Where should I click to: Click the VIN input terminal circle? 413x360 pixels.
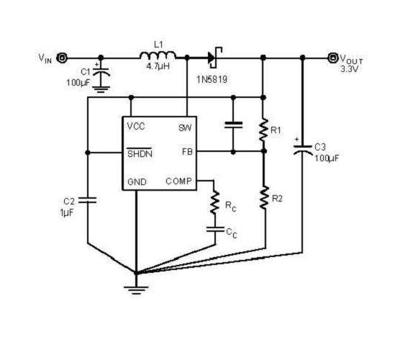(62, 58)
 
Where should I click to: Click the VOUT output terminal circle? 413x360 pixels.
(333, 58)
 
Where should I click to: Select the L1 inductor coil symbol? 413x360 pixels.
(158, 55)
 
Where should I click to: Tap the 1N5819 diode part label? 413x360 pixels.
(212, 79)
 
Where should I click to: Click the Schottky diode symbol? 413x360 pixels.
(214, 57)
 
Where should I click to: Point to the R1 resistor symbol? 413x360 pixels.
(263, 130)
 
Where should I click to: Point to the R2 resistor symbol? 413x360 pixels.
(264, 198)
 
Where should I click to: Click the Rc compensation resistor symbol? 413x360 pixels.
(215, 202)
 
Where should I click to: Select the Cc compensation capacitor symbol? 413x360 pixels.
(215, 229)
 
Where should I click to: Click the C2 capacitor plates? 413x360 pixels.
(88, 200)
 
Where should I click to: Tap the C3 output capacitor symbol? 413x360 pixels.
(302, 150)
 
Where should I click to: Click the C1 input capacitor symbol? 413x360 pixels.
(101, 72)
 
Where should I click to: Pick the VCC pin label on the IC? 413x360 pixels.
(136, 127)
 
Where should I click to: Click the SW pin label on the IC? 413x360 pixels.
(185, 128)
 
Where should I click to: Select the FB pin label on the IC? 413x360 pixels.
(187, 152)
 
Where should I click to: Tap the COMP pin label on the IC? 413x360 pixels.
(179, 181)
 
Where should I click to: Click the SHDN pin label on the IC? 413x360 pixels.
(140, 153)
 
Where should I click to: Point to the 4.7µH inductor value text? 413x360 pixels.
(158, 66)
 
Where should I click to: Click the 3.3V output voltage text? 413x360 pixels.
(350, 69)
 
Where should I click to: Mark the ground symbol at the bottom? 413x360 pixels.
(136, 289)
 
